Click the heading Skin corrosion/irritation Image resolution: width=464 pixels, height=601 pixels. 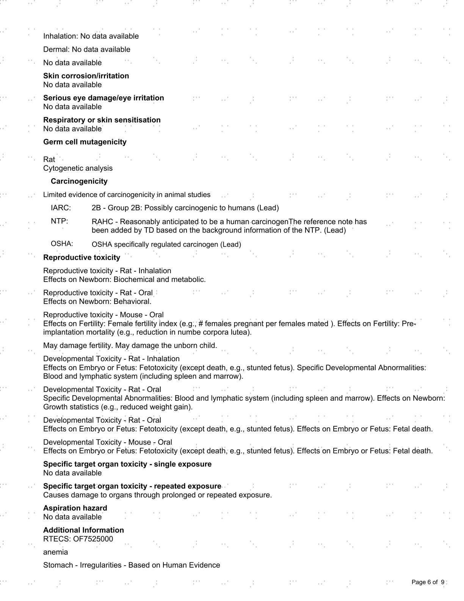click(86, 76)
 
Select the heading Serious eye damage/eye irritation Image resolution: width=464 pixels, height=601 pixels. click(103, 98)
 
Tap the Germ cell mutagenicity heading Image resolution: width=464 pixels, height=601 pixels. click(85, 142)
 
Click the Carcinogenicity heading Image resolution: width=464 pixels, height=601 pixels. click(79, 181)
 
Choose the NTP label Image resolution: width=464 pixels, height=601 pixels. click(58, 221)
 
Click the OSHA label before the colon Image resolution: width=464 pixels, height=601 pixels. click(61, 244)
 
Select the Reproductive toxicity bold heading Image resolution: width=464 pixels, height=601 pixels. click(82, 258)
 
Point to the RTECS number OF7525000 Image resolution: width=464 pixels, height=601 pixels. click(93, 539)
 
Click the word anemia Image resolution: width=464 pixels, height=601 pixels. click(55, 552)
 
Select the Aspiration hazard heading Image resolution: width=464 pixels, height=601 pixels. click(75, 508)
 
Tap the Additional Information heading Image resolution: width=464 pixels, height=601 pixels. click(83, 530)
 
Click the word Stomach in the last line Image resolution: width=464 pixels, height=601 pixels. click(58, 565)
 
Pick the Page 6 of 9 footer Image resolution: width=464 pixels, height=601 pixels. click(428, 582)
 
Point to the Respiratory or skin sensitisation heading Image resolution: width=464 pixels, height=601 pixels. click(102, 120)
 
